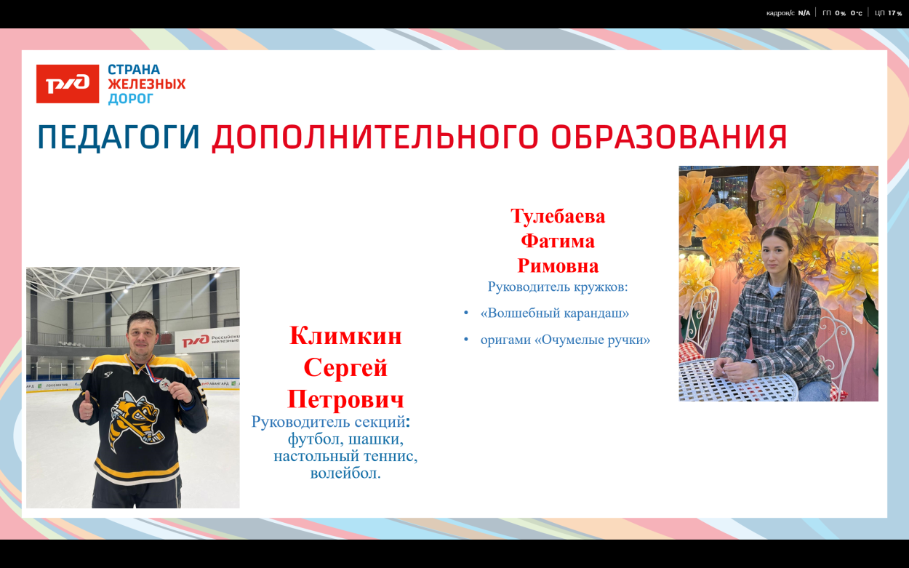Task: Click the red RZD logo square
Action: pos(68,84)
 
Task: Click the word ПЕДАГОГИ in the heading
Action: pos(119,137)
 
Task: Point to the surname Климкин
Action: pos(345,335)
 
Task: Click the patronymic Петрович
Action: pos(345,399)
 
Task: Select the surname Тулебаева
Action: pos(558,216)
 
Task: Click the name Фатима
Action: pos(558,241)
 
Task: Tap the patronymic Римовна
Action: pos(558,265)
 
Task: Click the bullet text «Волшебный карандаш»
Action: pos(554,313)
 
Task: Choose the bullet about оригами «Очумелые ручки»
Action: pos(564,340)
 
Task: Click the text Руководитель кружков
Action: pos(558,287)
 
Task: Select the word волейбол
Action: pos(345,473)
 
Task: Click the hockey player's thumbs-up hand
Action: pos(86,406)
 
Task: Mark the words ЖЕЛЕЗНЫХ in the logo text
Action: pos(147,84)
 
